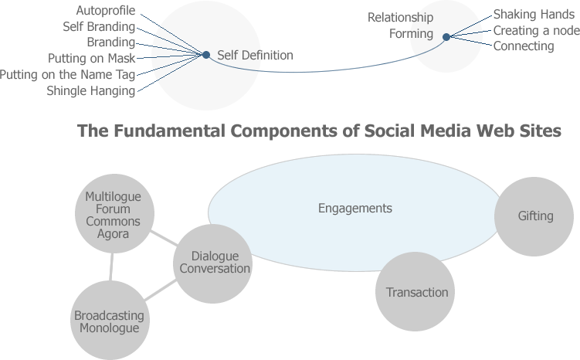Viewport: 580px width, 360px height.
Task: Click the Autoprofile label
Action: [106, 11]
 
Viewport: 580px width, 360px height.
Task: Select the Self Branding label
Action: [99, 27]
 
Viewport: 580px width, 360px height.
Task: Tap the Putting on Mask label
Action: [91, 58]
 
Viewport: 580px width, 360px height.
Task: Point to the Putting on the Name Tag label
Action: [67, 74]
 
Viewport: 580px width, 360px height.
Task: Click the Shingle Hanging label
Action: [90, 90]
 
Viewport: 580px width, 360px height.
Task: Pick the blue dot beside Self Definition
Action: [206, 55]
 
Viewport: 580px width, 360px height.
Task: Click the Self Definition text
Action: [255, 56]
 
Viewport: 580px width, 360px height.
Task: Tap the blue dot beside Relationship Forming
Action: [446, 36]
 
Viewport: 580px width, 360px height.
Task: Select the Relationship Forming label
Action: [400, 25]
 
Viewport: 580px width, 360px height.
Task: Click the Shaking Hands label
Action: [534, 14]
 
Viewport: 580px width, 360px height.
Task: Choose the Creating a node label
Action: [536, 30]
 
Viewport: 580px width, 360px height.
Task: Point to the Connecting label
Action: [524, 46]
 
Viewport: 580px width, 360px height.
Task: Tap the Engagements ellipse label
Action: [355, 209]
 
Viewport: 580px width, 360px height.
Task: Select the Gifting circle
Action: [535, 216]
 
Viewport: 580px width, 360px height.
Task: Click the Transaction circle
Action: [417, 292]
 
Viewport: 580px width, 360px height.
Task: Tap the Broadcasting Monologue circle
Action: [109, 321]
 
